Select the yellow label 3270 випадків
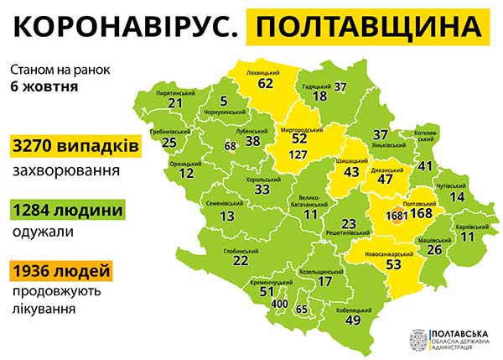[75, 146]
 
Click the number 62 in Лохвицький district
[266, 84]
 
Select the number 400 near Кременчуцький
[280, 304]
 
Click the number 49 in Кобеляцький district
[353, 320]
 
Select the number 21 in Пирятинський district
[175, 103]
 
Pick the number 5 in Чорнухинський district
[223, 101]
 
